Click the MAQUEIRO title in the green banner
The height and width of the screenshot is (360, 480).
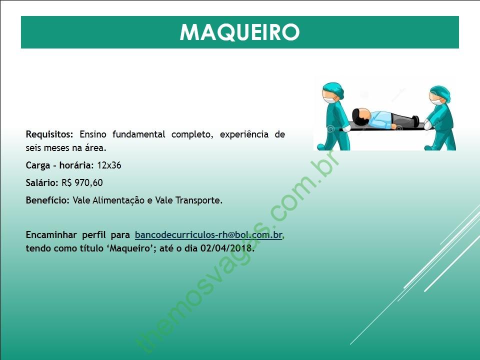pos(239,32)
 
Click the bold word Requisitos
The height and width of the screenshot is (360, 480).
pos(49,134)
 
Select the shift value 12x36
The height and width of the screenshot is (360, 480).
pos(109,165)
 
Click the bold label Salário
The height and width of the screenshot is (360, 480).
pos(42,183)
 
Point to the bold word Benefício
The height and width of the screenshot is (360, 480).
pos(48,200)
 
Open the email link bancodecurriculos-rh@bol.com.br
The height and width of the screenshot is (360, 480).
pos(208,235)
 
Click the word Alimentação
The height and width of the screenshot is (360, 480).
pos(118,200)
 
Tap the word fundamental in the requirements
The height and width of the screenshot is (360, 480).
pos(138,134)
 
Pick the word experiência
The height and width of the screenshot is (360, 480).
pos(244,134)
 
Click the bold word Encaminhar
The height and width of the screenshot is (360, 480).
pos(51,235)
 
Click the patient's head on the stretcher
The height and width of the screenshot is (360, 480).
pos(361,117)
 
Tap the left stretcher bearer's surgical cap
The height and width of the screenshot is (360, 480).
pos(334,89)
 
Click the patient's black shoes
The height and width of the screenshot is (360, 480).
pos(415,121)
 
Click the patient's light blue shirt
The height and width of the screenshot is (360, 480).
pos(381,119)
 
